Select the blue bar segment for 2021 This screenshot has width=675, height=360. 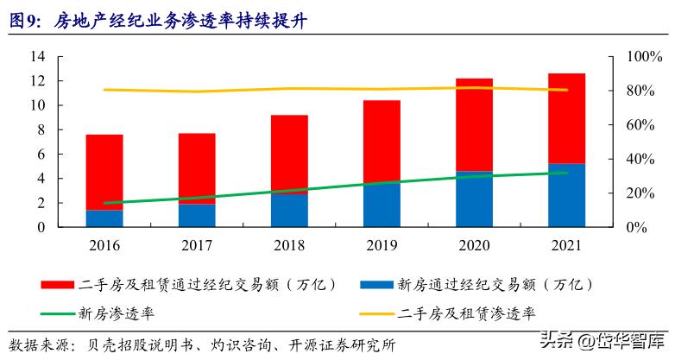coord(566,195)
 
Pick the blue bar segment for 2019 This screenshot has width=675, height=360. coord(382,205)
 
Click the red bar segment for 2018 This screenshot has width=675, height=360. coord(289,154)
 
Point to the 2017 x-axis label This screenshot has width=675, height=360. coord(197,245)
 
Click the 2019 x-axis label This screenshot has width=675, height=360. coord(382,245)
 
